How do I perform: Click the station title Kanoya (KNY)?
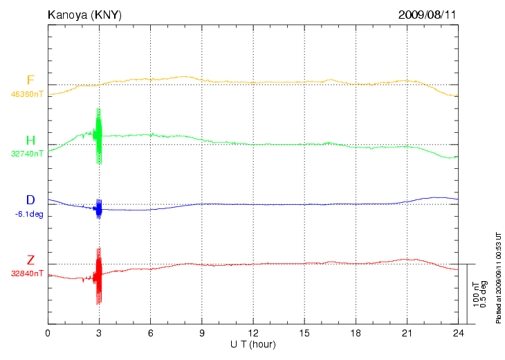click(84, 14)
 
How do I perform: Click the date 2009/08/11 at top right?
click(427, 14)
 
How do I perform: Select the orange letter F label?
click(30, 80)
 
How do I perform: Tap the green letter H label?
click(30, 141)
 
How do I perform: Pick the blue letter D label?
click(30, 201)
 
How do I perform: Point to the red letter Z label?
click(30, 260)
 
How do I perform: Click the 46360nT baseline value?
click(27, 93)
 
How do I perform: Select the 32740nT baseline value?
click(27, 154)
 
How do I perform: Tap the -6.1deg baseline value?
click(29, 214)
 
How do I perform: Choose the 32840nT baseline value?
click(27, 273)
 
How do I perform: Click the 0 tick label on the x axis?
click(48, 334)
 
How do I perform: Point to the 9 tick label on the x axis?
click(201, 334)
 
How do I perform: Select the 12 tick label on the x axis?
click(252, 334)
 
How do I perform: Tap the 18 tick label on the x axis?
click(355, 334)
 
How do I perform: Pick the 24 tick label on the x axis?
click(457, 334)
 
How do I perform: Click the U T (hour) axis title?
click(252, 344)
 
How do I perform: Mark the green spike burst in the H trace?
click(99, 136)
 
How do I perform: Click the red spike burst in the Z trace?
click(99, 276)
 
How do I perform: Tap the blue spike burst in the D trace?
click(99, 208)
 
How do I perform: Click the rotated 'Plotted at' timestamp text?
click(499, 277)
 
